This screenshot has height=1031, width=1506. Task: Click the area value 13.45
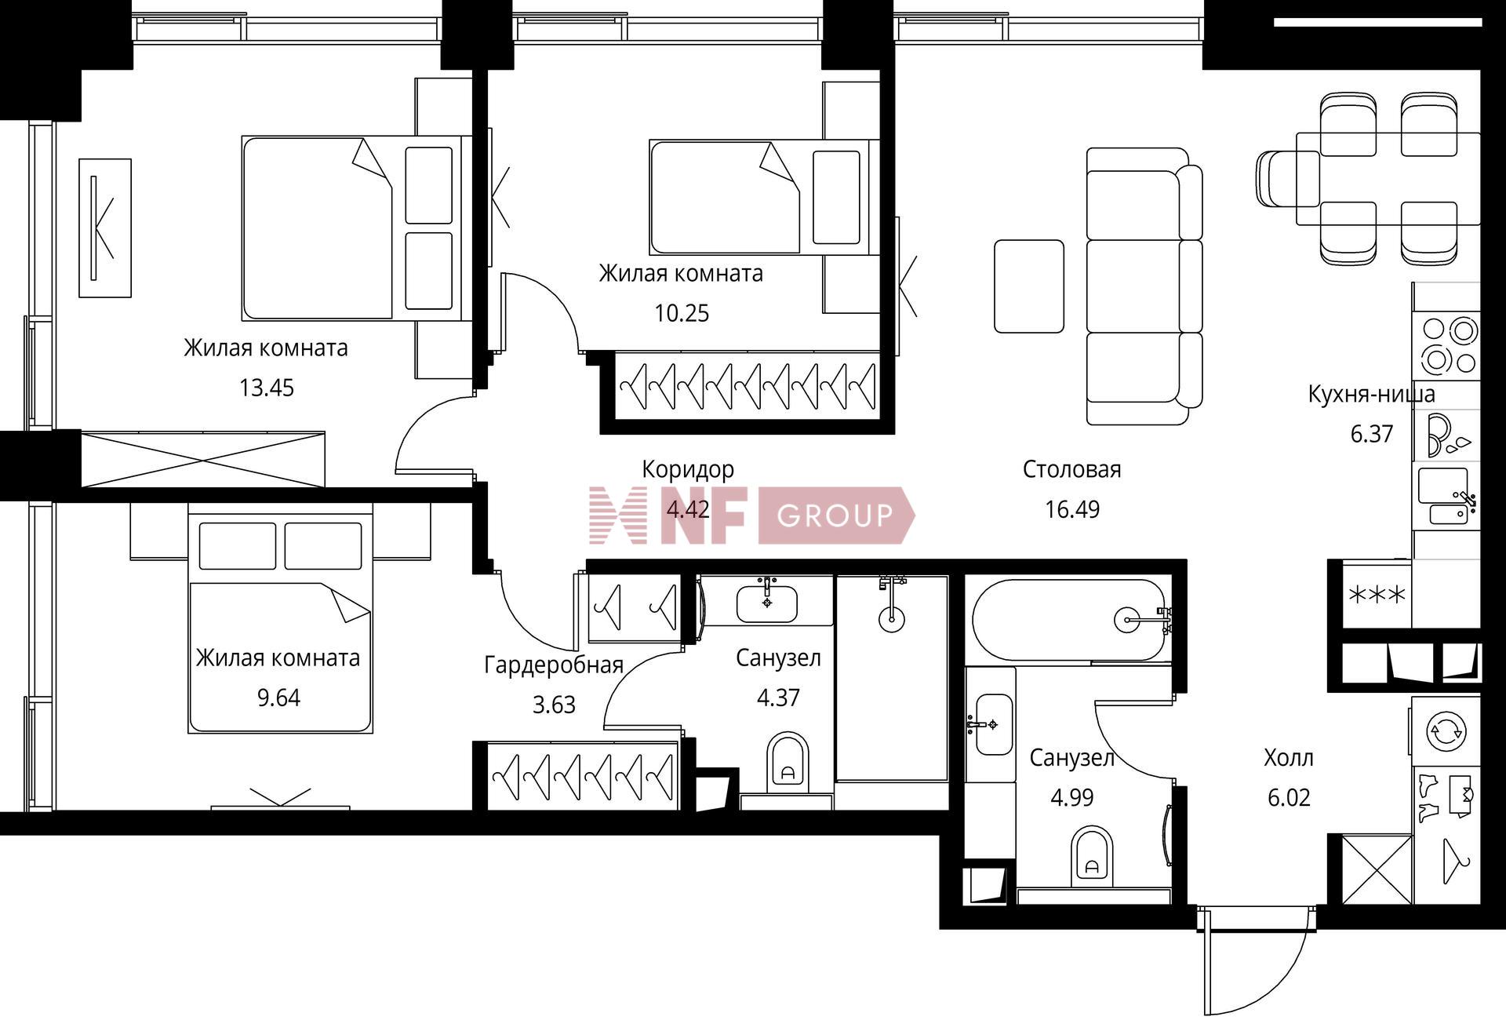(x=267, y=388)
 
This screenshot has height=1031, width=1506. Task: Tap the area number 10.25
(x=682, y=313)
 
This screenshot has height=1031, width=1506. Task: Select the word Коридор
(x=688, y=469)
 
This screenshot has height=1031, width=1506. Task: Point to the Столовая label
(x=1071, y=469)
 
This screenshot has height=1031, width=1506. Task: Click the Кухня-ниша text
(x=1371, y=394)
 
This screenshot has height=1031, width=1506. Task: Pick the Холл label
(x=1289, y=758)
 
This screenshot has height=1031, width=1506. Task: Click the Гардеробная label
(x=554, y=665)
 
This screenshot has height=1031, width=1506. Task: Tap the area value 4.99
(x=1072, y=797)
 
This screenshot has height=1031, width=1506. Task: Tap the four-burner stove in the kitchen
(x=1447, y=345)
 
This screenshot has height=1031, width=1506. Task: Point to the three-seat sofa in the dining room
(x=1144, y=286)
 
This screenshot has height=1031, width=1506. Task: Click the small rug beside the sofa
(x=1029, y=286)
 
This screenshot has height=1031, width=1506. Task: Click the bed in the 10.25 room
(x=759, y=197)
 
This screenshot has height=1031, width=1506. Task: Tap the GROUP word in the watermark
(x=835, y=515)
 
